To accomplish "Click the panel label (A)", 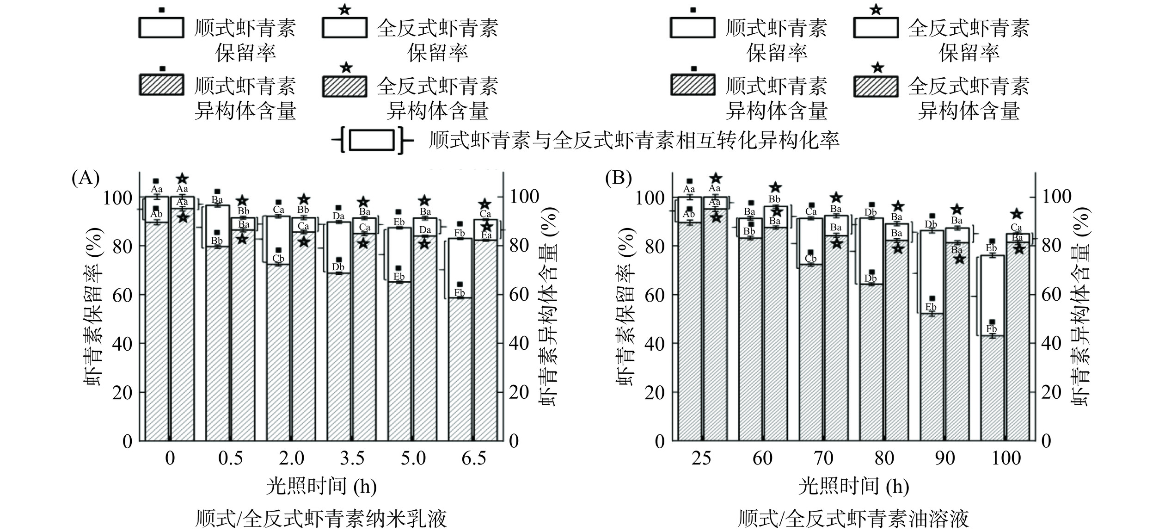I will [x=86, y=178].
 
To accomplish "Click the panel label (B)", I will [x=619, y=178].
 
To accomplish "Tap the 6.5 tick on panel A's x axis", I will [x=474, y=458].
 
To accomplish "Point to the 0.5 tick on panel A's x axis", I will [x=231, y=458].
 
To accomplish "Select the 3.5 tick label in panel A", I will [x=352, y=458].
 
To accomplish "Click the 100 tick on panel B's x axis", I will [x=1006, y=458].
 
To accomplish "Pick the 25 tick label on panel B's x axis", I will [x=701, y=458].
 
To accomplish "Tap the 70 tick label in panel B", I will [x=823, y=458].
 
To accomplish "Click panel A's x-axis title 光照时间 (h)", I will [x=321, y=487].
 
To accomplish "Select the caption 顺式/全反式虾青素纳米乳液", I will [x=321, y=519].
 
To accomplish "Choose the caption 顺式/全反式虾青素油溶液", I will [x=853, y=519].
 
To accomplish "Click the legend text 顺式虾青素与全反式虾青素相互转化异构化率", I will [x=634, y=140].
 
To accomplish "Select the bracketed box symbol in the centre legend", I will [x=372, y=140].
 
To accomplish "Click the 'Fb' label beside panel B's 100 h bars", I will [x=992, y=329].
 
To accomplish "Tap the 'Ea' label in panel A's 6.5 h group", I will [x=486, y=235].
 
